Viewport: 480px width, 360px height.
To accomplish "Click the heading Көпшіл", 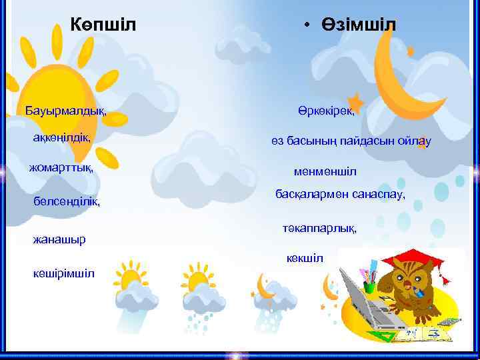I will pos(103,25).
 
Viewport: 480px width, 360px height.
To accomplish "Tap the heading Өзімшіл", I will pos(357,25).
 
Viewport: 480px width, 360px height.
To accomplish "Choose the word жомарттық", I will pos(61,167).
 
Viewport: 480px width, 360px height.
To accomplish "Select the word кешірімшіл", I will pos(63,273).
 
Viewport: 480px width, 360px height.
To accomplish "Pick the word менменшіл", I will pos(325,172).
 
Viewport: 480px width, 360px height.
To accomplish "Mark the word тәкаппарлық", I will pos(319,229).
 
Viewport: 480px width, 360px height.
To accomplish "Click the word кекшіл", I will pos(305,258).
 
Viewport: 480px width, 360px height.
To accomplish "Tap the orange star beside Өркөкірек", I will pos(355,103).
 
